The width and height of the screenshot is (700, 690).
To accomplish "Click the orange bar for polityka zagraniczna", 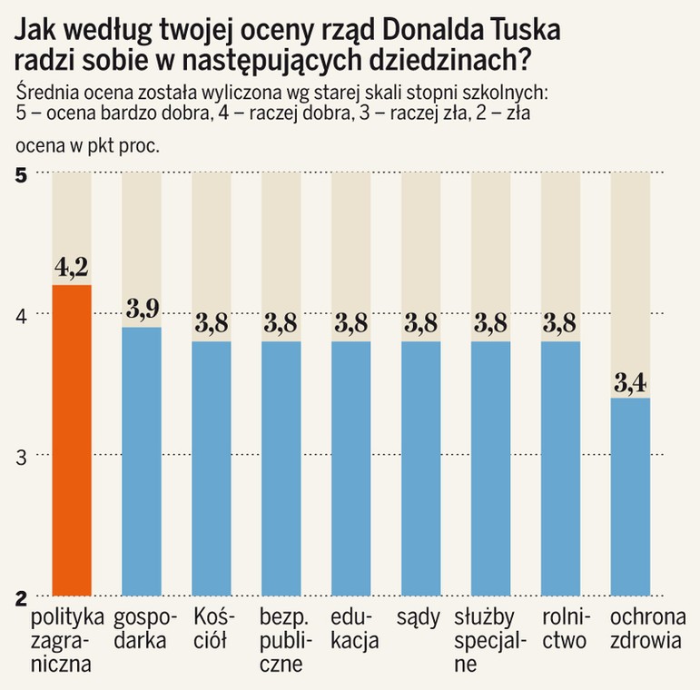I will coord(72,440).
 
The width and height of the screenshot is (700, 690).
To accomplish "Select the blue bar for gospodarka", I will coord(142,460).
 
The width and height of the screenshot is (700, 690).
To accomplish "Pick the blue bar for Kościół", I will coord(212,468).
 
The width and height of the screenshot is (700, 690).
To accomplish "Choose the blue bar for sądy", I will coord(420,468).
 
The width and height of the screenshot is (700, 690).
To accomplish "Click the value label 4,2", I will coord(72,269).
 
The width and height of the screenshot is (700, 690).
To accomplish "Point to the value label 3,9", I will coord(142,310).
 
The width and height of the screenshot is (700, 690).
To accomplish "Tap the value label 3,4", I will coord(630,381).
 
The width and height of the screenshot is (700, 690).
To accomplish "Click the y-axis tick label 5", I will coord(21,174).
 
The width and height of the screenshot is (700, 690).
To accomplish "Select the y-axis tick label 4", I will coord(21,315).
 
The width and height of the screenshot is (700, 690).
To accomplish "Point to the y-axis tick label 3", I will coord(21,456).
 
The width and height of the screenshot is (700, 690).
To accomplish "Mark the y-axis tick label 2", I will coord(21,596).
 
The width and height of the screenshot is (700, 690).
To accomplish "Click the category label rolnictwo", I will coord(562,629).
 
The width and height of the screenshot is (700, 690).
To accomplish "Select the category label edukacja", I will coord(351,629).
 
